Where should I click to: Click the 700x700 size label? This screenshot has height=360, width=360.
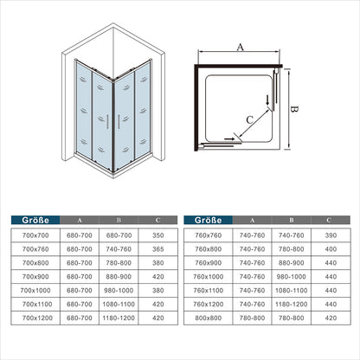[35, 235]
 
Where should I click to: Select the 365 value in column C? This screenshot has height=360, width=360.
[158, 249]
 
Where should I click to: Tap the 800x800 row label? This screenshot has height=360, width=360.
[208, 318]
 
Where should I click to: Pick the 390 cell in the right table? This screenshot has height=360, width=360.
[331, 235]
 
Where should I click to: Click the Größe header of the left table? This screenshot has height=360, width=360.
[35, 220]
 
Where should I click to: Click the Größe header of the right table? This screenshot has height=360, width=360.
[208, 220]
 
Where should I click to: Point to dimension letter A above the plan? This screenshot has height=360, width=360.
[240, 47]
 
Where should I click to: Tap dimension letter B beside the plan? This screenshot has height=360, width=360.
[294, 109]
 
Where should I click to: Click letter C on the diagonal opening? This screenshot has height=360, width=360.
[249, 119]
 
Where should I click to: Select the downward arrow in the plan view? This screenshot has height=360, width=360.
[267, 100]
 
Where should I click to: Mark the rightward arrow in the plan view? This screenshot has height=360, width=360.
[229, 139]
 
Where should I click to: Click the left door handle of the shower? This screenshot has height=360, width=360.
[107, 121]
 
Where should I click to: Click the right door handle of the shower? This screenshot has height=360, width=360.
[119, 121]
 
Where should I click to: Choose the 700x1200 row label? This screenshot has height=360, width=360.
[37, 318]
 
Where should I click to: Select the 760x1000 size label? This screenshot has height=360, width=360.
[208, 277]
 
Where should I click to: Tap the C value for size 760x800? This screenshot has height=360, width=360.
[331, 249]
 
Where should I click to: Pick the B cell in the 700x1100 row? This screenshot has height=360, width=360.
[119, 304]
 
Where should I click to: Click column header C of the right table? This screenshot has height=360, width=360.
[329, 220]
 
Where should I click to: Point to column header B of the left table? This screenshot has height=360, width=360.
[119, 220]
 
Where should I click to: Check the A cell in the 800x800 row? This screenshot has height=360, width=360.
[252, 318]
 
